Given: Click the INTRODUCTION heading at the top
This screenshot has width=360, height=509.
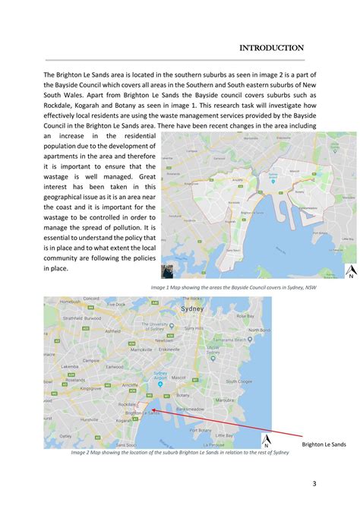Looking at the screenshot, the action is click(x=271, y=48).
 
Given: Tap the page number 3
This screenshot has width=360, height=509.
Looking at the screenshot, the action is click(x=314, y=484).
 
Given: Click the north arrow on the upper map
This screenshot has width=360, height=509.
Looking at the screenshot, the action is click(x=351, y=272).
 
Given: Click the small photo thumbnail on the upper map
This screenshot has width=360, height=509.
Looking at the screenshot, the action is click(x=168, y=271).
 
